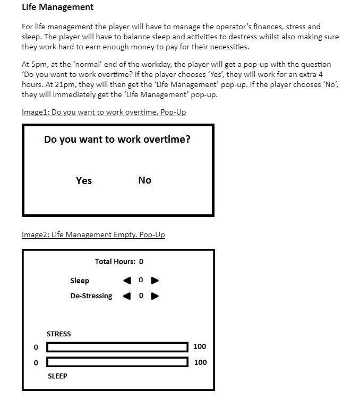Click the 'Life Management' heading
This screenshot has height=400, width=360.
coord(57,7)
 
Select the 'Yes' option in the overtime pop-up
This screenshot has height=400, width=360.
coord(84,181)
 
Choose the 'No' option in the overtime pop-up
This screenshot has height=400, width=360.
coord(144,180)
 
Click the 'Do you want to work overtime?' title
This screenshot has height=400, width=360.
coord(117,140)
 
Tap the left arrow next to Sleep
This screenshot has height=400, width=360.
coord(127,280)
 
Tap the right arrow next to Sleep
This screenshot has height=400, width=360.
coord(155,280)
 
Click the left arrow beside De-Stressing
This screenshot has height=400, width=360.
coord(127,296)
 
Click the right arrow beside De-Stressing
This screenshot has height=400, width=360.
coord(155,296)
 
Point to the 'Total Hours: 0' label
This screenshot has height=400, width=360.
coord(119,262)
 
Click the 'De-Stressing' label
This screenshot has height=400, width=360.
coord(91,296)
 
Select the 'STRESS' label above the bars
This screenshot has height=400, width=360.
coord(58,334)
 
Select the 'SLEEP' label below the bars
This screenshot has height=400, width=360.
coord(57,376)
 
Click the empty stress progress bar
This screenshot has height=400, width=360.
coord(117,347)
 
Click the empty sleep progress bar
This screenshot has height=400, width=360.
coord(117,362)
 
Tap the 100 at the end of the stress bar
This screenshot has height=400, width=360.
coord(200,346)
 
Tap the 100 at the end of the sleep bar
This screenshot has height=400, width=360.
coord(200,362)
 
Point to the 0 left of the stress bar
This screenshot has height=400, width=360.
coord(36,347)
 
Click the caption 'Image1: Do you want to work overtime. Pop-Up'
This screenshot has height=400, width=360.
coord(104,112)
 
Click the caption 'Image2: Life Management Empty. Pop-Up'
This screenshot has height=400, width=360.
coord(93,234)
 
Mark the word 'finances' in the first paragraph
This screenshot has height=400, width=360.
coord(290,27)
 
